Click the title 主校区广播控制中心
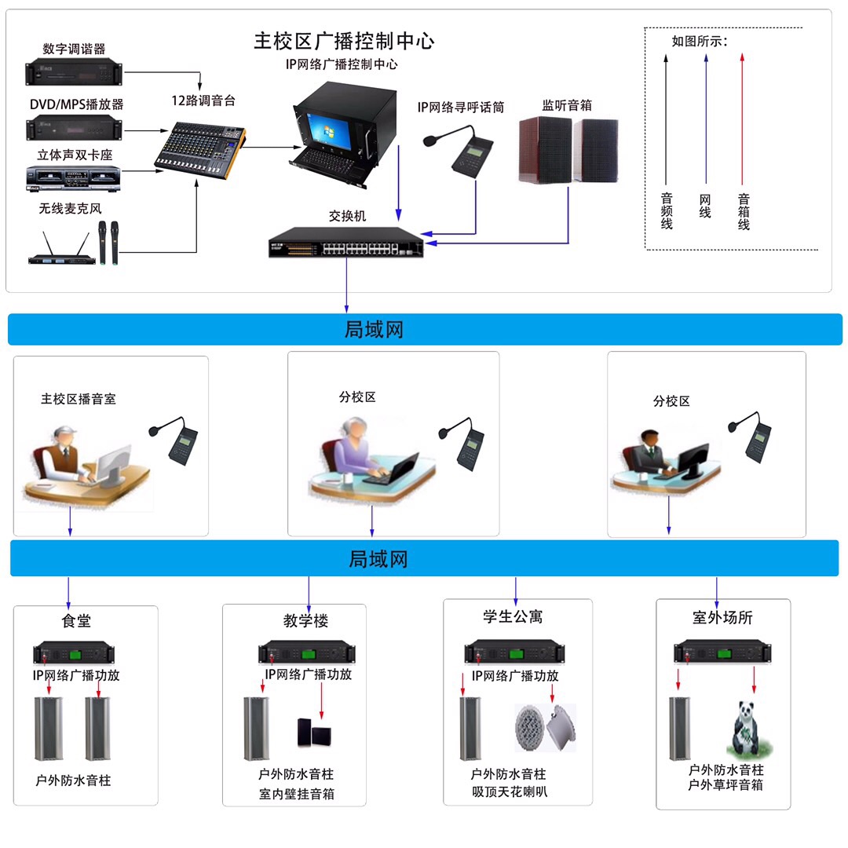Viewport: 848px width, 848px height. pyautogui.click(x=344, y=41)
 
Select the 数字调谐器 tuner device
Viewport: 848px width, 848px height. pyautogui.click(x=75, y=72)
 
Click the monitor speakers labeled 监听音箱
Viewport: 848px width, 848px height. pyautogui.click(x=568, y=150)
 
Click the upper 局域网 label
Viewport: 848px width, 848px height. pyautogui.click(x=374, y=330)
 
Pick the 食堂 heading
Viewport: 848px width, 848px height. pyautogui.click(x=76, y=621)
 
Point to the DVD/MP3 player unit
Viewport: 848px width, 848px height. pyautogui.click(x=75, y=126)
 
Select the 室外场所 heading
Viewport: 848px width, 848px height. pyautogui.click(x=722, y=618)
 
